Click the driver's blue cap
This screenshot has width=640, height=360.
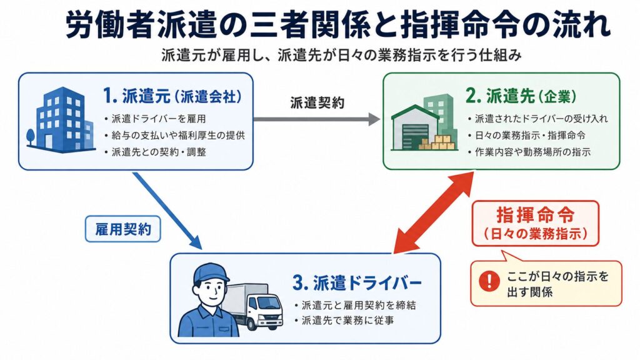210,272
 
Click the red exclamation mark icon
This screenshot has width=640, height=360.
489,281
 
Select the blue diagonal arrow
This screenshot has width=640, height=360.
167,211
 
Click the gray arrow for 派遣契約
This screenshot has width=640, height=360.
317,119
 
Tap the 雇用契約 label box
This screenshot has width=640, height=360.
123,229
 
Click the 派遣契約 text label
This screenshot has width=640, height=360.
317,102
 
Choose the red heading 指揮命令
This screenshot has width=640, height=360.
535,215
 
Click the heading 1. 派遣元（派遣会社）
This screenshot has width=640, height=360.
172,96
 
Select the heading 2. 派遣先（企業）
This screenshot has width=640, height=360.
521,96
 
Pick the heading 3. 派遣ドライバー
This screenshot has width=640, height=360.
357,283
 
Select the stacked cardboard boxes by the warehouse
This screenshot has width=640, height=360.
437,141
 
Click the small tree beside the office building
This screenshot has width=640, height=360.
31,137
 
